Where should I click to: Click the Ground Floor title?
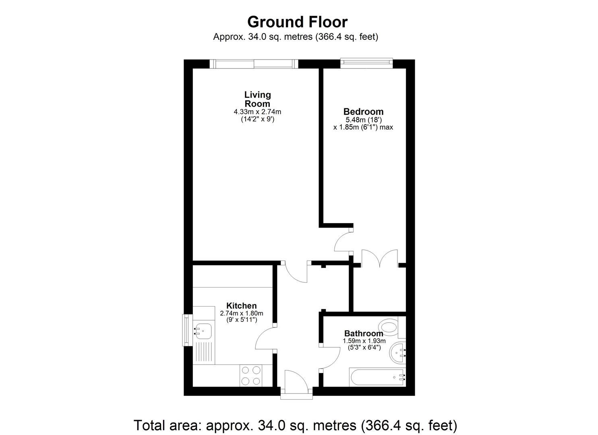point(297,22)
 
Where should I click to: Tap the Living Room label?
point(257,99)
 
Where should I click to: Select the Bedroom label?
point(363,112)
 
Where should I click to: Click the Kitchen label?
point(241,306)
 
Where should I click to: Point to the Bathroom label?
point(363,333)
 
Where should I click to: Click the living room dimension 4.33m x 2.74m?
point(257,112)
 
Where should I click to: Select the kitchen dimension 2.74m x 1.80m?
point(241,313)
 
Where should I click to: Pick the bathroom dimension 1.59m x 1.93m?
point(364,341)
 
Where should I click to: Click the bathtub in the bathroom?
point(377,377)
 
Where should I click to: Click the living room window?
point(254,64)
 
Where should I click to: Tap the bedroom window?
point(366,62)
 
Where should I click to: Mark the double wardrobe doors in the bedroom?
point(380,258)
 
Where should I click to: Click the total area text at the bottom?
point(295,425)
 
